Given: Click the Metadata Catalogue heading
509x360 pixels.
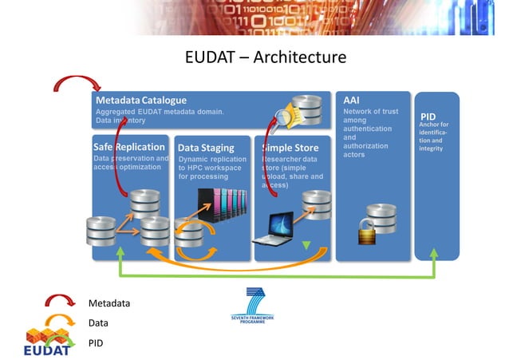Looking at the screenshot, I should coord(141,101).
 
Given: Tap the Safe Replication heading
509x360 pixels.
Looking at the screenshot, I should coord(129,148).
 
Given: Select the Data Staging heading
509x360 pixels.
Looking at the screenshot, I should coord(206,148).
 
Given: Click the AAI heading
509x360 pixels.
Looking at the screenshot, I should coord(351,101).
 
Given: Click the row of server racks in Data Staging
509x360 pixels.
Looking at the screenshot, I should coord(223,204).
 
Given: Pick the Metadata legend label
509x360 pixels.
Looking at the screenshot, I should coord(109,303).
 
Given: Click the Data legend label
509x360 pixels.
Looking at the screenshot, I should coord(98,323).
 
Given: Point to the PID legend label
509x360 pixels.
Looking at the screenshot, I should coord(97,343).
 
